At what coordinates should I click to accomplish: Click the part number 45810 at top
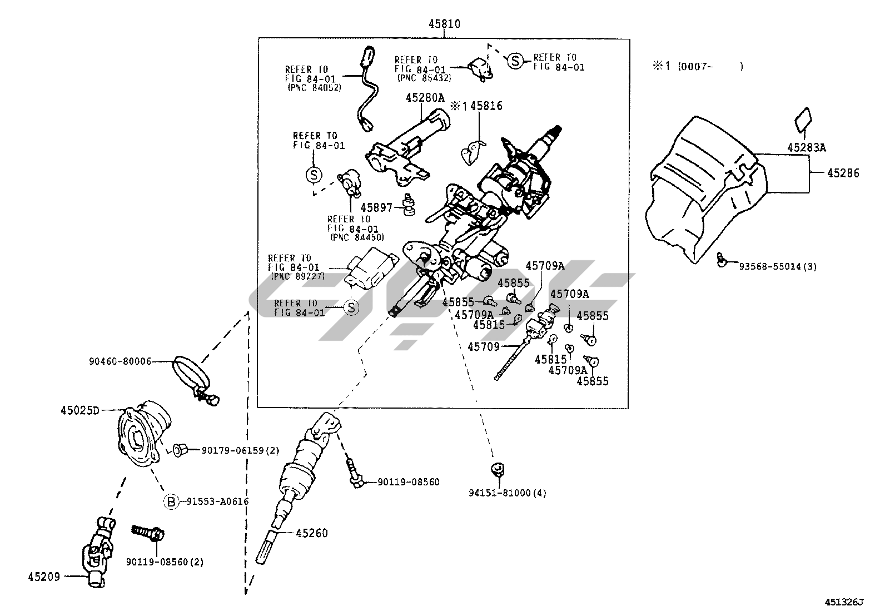click(444, 24)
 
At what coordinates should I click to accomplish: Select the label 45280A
click(425, 98)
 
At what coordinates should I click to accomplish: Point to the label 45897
click(376, 207)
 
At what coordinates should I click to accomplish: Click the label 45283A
click(807, 147)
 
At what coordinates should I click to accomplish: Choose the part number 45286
click(843, 173)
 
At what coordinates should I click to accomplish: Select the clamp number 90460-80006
click(120, 361)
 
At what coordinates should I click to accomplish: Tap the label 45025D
click(79, 411)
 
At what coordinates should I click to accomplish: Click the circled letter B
click(171, 501)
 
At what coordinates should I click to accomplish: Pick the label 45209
click(44, 577)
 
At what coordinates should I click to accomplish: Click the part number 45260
click(312, 533)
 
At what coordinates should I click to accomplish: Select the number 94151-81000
click(506, 493)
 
